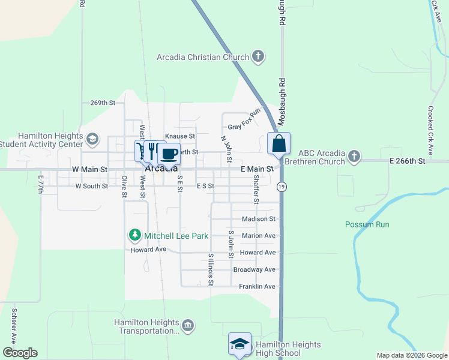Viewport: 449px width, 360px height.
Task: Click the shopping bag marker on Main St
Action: point(279,144)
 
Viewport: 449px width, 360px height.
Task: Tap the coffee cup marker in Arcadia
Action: point(169,154)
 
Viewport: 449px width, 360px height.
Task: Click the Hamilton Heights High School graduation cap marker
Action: point(240,344)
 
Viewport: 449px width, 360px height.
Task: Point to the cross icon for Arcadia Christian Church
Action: point(258,57)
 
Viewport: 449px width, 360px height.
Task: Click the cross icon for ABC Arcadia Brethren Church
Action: point(354,157)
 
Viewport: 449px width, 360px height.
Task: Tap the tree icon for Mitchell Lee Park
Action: point(135,235)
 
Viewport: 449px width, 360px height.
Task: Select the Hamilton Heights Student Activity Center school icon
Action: point(92,140)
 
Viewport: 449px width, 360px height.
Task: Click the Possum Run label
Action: point(367,224)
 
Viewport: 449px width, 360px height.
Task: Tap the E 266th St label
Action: point(407,161)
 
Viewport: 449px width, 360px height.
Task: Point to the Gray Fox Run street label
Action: point(245,119)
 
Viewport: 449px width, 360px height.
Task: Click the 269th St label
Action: point(102,103)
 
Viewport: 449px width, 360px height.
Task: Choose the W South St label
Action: point(91,186)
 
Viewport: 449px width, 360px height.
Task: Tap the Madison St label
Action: point(258,219)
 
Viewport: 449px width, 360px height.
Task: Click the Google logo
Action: point(19,353)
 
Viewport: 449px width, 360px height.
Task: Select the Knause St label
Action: point(180,137)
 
